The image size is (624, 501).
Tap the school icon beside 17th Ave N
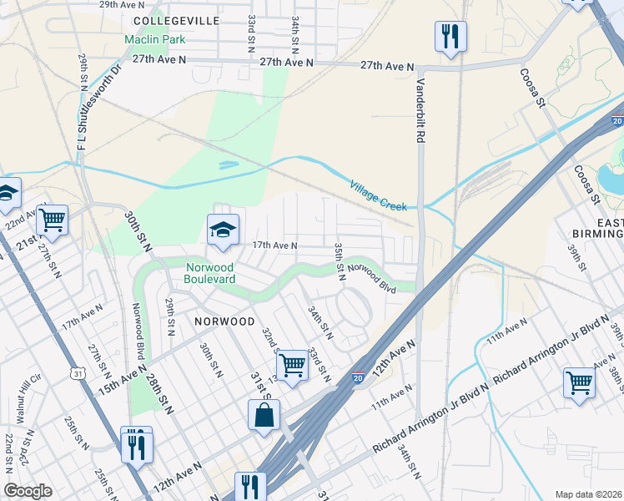point(223,230)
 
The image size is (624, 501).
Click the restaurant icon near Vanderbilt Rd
point(450,37)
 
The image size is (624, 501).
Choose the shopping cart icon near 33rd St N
point(292,365)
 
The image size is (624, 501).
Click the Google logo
point(28,491)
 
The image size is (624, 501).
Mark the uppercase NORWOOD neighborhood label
point(225,321)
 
